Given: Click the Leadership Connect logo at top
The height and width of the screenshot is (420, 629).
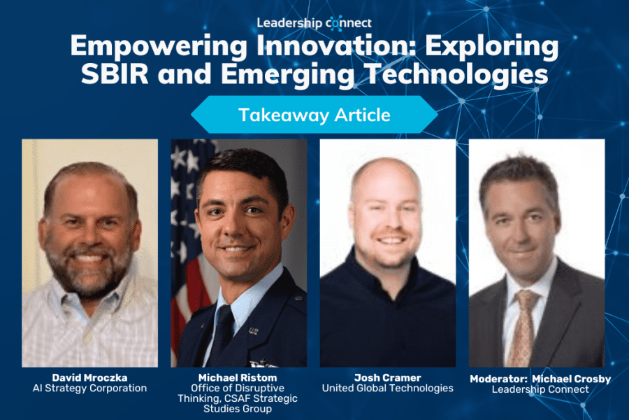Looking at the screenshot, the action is [314, 23].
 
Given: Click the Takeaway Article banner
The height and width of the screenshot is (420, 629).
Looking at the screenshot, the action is [314, 115].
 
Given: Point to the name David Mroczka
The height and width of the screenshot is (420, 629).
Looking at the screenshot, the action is [90, 378].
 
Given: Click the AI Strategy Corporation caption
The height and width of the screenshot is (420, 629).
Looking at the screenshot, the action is [90, 388].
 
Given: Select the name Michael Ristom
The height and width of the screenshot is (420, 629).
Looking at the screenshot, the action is [238, 378].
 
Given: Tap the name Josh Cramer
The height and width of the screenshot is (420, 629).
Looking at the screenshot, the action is [387, 378].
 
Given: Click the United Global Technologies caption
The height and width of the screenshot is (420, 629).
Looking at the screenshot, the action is [387, 388].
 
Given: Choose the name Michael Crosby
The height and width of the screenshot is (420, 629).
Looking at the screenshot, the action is [572, 379].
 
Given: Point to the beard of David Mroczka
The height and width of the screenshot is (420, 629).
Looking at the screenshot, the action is [88, 269].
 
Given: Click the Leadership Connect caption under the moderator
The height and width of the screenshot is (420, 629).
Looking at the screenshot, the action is [540, 389].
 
